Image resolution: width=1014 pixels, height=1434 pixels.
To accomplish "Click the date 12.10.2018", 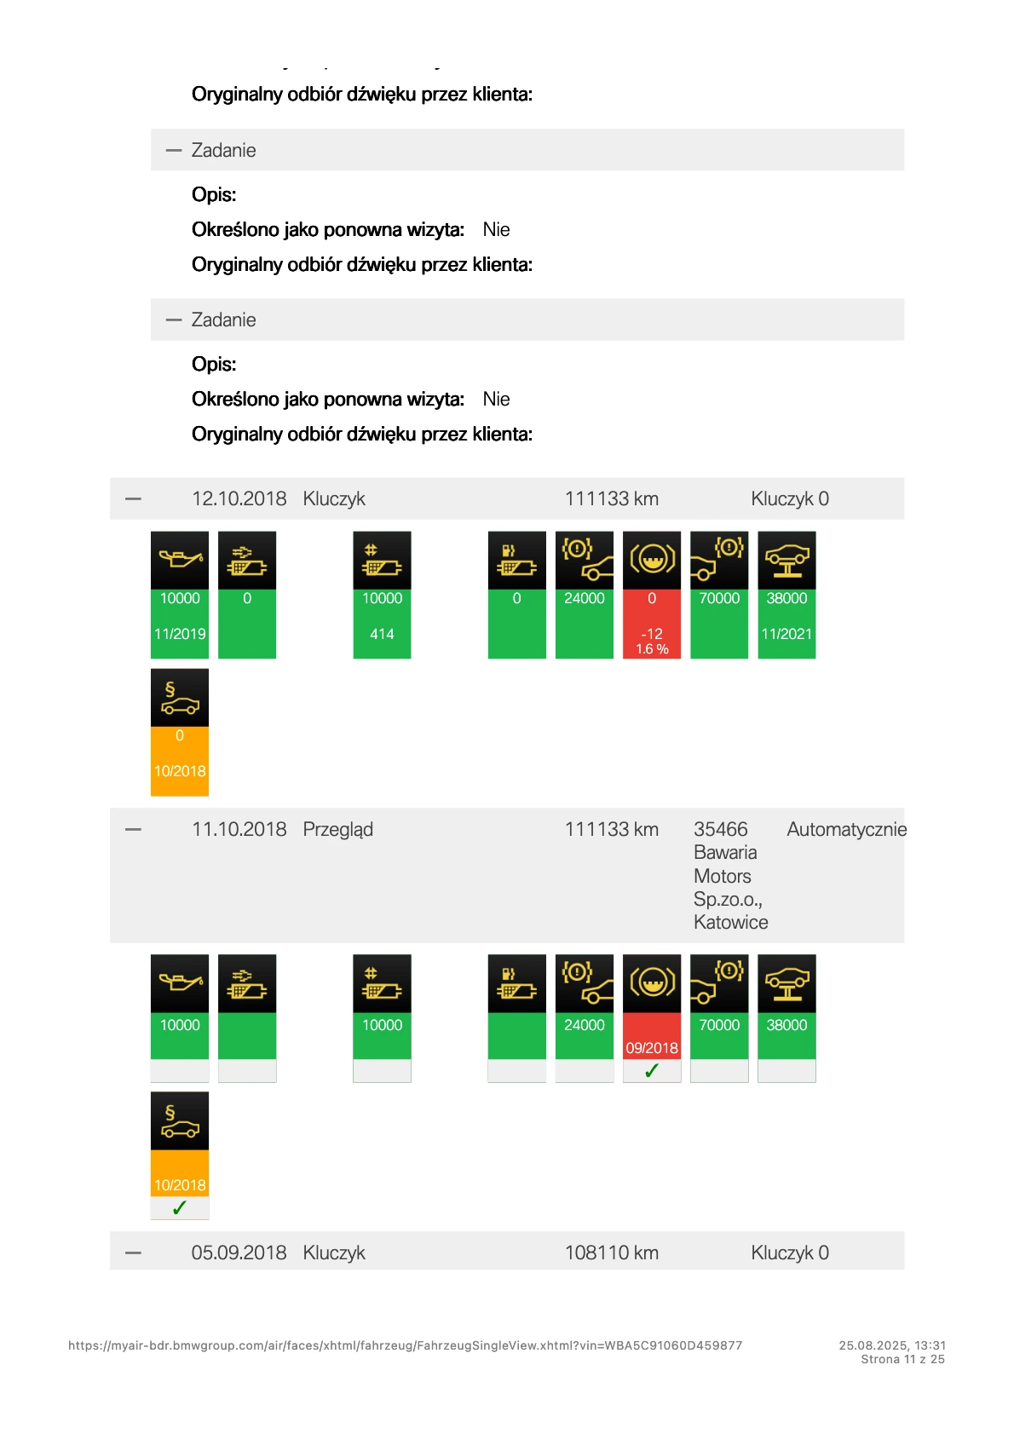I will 239,499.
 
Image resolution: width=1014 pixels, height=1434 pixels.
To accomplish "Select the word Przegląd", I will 337,830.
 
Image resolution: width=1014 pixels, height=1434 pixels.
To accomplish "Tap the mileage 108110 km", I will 611,1253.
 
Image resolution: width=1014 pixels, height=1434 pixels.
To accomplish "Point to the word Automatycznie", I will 846,830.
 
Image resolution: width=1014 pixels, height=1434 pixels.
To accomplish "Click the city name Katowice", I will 730,923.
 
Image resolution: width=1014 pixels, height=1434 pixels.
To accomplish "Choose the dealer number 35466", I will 720,830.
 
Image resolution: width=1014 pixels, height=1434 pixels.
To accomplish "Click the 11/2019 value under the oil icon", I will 180,634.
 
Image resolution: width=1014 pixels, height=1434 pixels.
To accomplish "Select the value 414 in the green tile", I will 382,634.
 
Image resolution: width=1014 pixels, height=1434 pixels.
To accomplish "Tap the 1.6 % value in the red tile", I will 652,649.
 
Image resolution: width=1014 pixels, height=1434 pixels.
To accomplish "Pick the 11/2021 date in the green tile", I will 786,634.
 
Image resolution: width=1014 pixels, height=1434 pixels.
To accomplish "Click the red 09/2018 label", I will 652,1048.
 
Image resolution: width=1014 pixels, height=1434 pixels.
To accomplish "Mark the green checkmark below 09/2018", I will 652,1071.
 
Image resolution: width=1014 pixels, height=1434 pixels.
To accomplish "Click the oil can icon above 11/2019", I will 180,560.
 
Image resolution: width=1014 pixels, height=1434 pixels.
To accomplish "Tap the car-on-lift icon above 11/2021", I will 786,560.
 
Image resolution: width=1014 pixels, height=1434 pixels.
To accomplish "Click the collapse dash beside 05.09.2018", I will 133,1253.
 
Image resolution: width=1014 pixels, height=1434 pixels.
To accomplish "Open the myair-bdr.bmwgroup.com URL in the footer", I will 405,1345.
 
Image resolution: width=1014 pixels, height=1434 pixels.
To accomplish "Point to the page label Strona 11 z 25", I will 902,1359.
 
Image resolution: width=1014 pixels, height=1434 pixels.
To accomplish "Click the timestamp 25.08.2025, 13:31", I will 892,1345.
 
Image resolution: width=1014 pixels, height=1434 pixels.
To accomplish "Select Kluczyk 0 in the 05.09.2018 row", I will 789,1253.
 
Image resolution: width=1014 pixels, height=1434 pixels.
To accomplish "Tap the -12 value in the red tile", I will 652,634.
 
